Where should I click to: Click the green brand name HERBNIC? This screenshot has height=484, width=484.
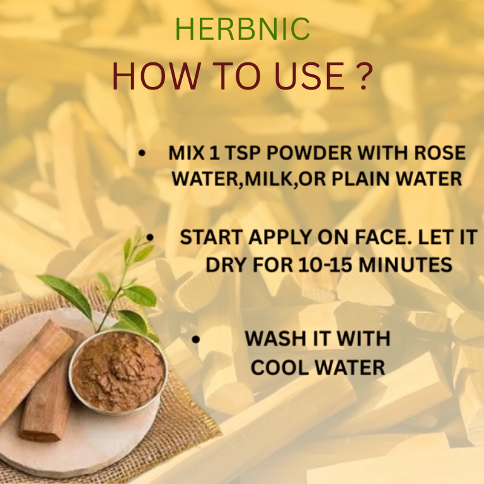(x=242, y=29)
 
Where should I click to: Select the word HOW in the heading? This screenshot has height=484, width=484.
(x=156, y=76)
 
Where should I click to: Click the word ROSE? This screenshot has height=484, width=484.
(x=440, y=153)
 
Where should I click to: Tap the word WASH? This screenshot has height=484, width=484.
(x=275, y=338)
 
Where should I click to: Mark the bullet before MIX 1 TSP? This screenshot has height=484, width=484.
(x=142, y=153)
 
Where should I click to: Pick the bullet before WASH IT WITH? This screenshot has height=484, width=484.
(x=196, y=340)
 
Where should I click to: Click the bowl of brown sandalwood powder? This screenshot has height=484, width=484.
(x=118, y=372)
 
